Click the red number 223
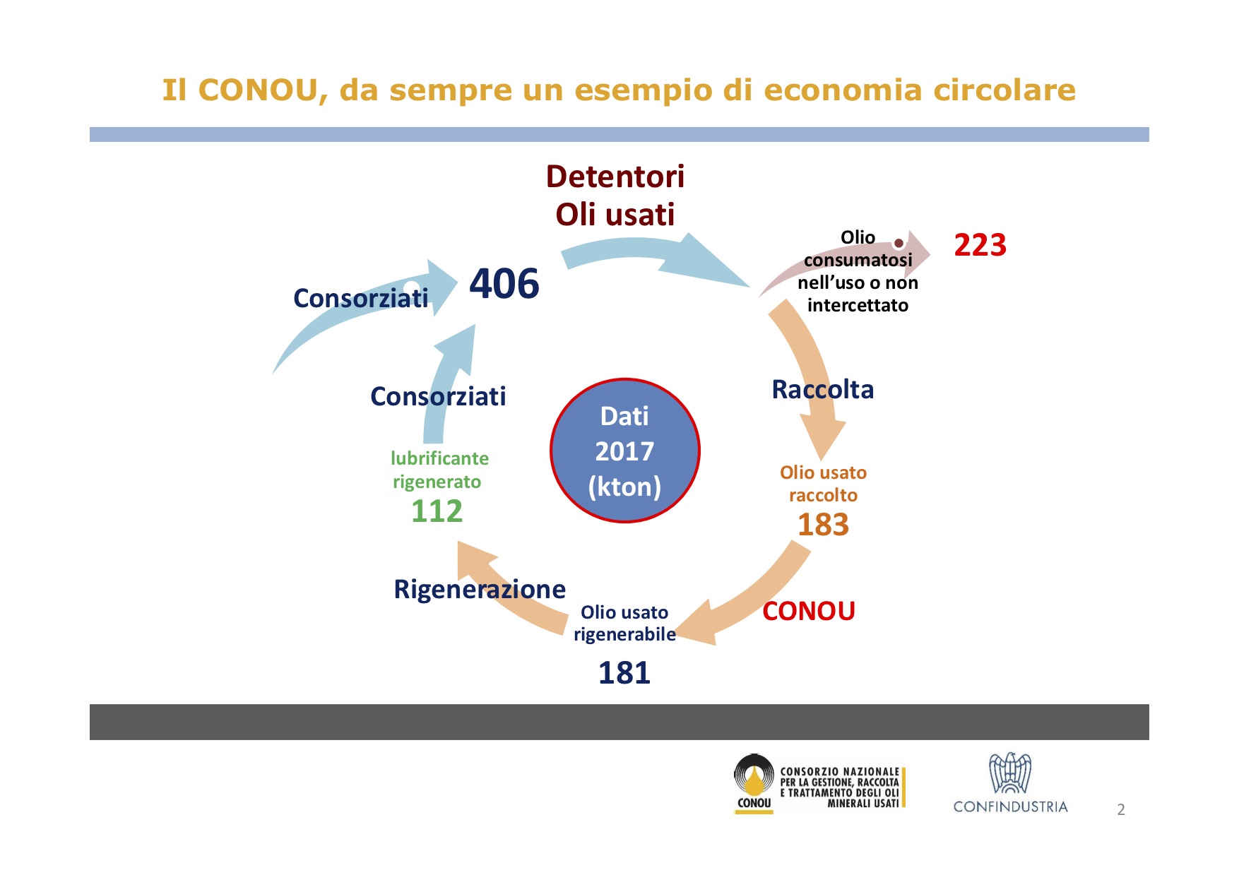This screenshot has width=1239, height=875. (x=980, y=245)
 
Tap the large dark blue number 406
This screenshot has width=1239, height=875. (x=504, y=283)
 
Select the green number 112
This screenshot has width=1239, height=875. (x=437, y=511)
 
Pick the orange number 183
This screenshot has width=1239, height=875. (x=823, y=524)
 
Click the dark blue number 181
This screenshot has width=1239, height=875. (x=624, y=672)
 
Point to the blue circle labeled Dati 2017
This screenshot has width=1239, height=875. (x=624, y=451)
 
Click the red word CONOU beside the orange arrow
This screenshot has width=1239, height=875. (x=809, y=611)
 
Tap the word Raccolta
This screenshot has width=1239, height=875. (x=823, y=389)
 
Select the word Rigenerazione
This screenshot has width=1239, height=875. (x=480, y=589)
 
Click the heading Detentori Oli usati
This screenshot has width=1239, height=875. (x=615, y=196)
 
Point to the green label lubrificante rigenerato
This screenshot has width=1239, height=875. (x=439, y=470)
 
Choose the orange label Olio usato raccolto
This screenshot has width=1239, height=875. (x=823, y=484)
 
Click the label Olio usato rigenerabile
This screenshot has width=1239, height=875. (x=624, y=623)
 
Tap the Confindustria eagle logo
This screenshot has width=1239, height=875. (x=1010, y=773)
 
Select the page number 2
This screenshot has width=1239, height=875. (x=1121, y=809)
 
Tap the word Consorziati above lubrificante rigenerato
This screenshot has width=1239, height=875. (x=438, y=396)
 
